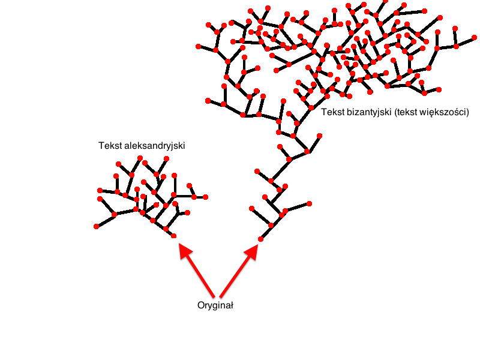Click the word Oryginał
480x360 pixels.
point(215,305)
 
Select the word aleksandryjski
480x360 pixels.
point(154,146)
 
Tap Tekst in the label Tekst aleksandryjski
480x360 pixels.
point(110,146)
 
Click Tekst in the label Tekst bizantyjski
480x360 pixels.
point(333,112)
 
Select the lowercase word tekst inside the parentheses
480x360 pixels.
point(407,112)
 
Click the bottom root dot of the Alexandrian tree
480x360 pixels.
point(174,236)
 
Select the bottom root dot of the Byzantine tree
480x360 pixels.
point(260,239)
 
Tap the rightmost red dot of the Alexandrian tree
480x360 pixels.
point(206,197)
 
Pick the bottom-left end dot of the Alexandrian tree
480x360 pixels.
point(96,226)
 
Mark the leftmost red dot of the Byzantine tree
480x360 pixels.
point(198,46)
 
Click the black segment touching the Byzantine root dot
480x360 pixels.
point(266,233)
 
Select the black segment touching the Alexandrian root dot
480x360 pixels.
point(170,233)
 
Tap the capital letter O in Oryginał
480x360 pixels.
point(201,305)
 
